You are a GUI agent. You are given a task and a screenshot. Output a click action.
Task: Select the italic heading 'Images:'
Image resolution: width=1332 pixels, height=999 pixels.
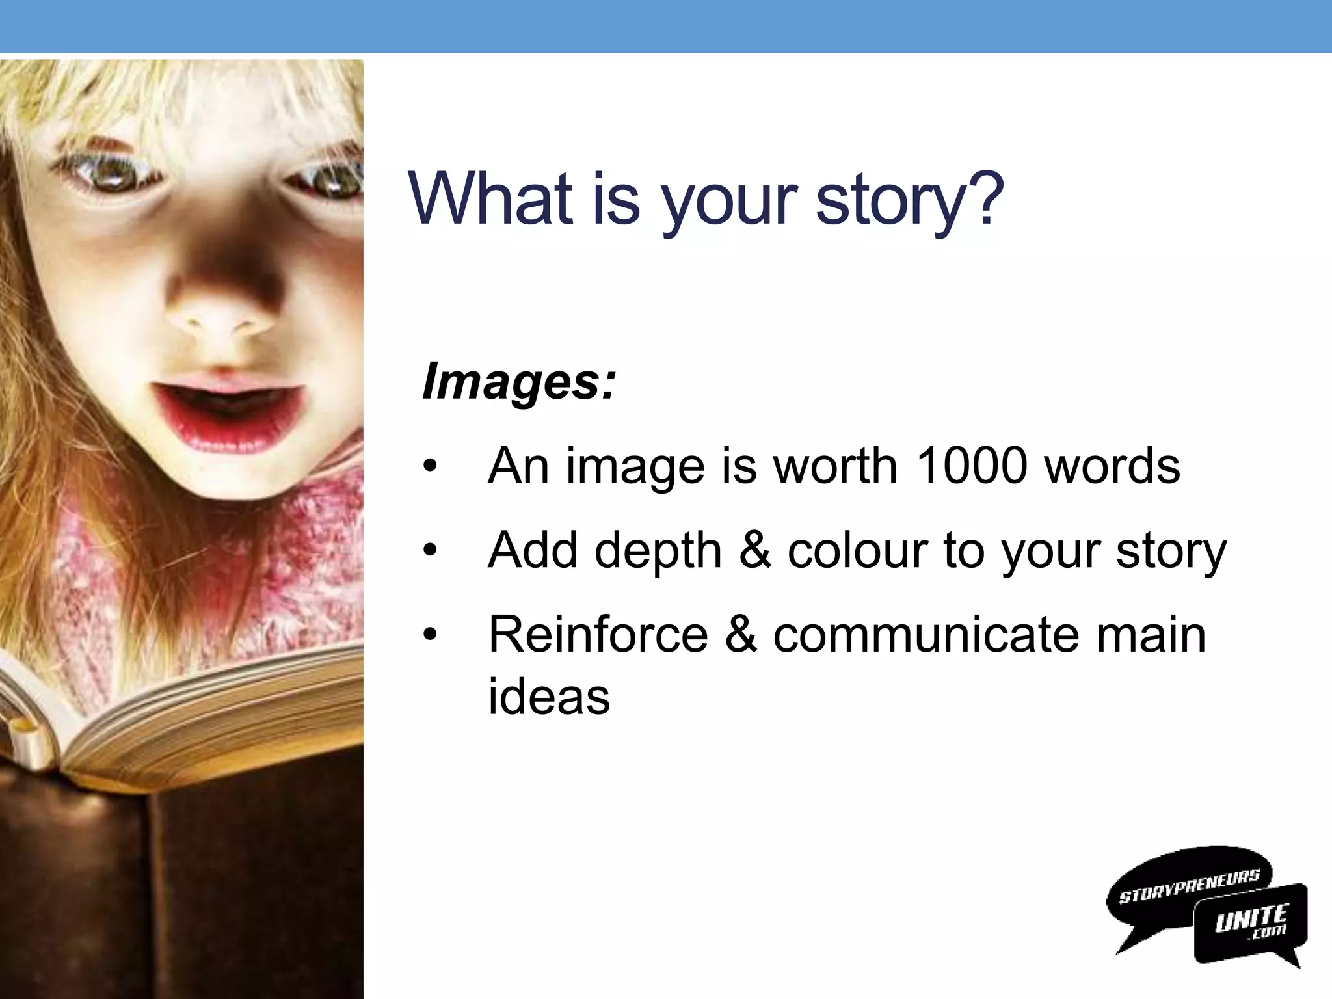pos(518,382)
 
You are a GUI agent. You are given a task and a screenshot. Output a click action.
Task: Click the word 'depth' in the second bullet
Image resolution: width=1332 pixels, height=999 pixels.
pos(658,550)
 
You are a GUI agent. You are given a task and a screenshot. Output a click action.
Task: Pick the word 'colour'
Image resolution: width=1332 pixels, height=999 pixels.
pos(857,550)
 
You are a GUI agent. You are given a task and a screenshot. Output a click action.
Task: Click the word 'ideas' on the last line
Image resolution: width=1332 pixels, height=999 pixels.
pos(549,697)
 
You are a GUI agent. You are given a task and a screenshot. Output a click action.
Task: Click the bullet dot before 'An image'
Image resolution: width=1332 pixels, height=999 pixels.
pos(430,467)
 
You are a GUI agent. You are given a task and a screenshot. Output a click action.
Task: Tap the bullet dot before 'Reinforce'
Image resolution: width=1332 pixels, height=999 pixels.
pos(430,635)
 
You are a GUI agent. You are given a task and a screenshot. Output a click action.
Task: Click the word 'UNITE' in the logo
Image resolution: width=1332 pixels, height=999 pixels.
pos(1251,918)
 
